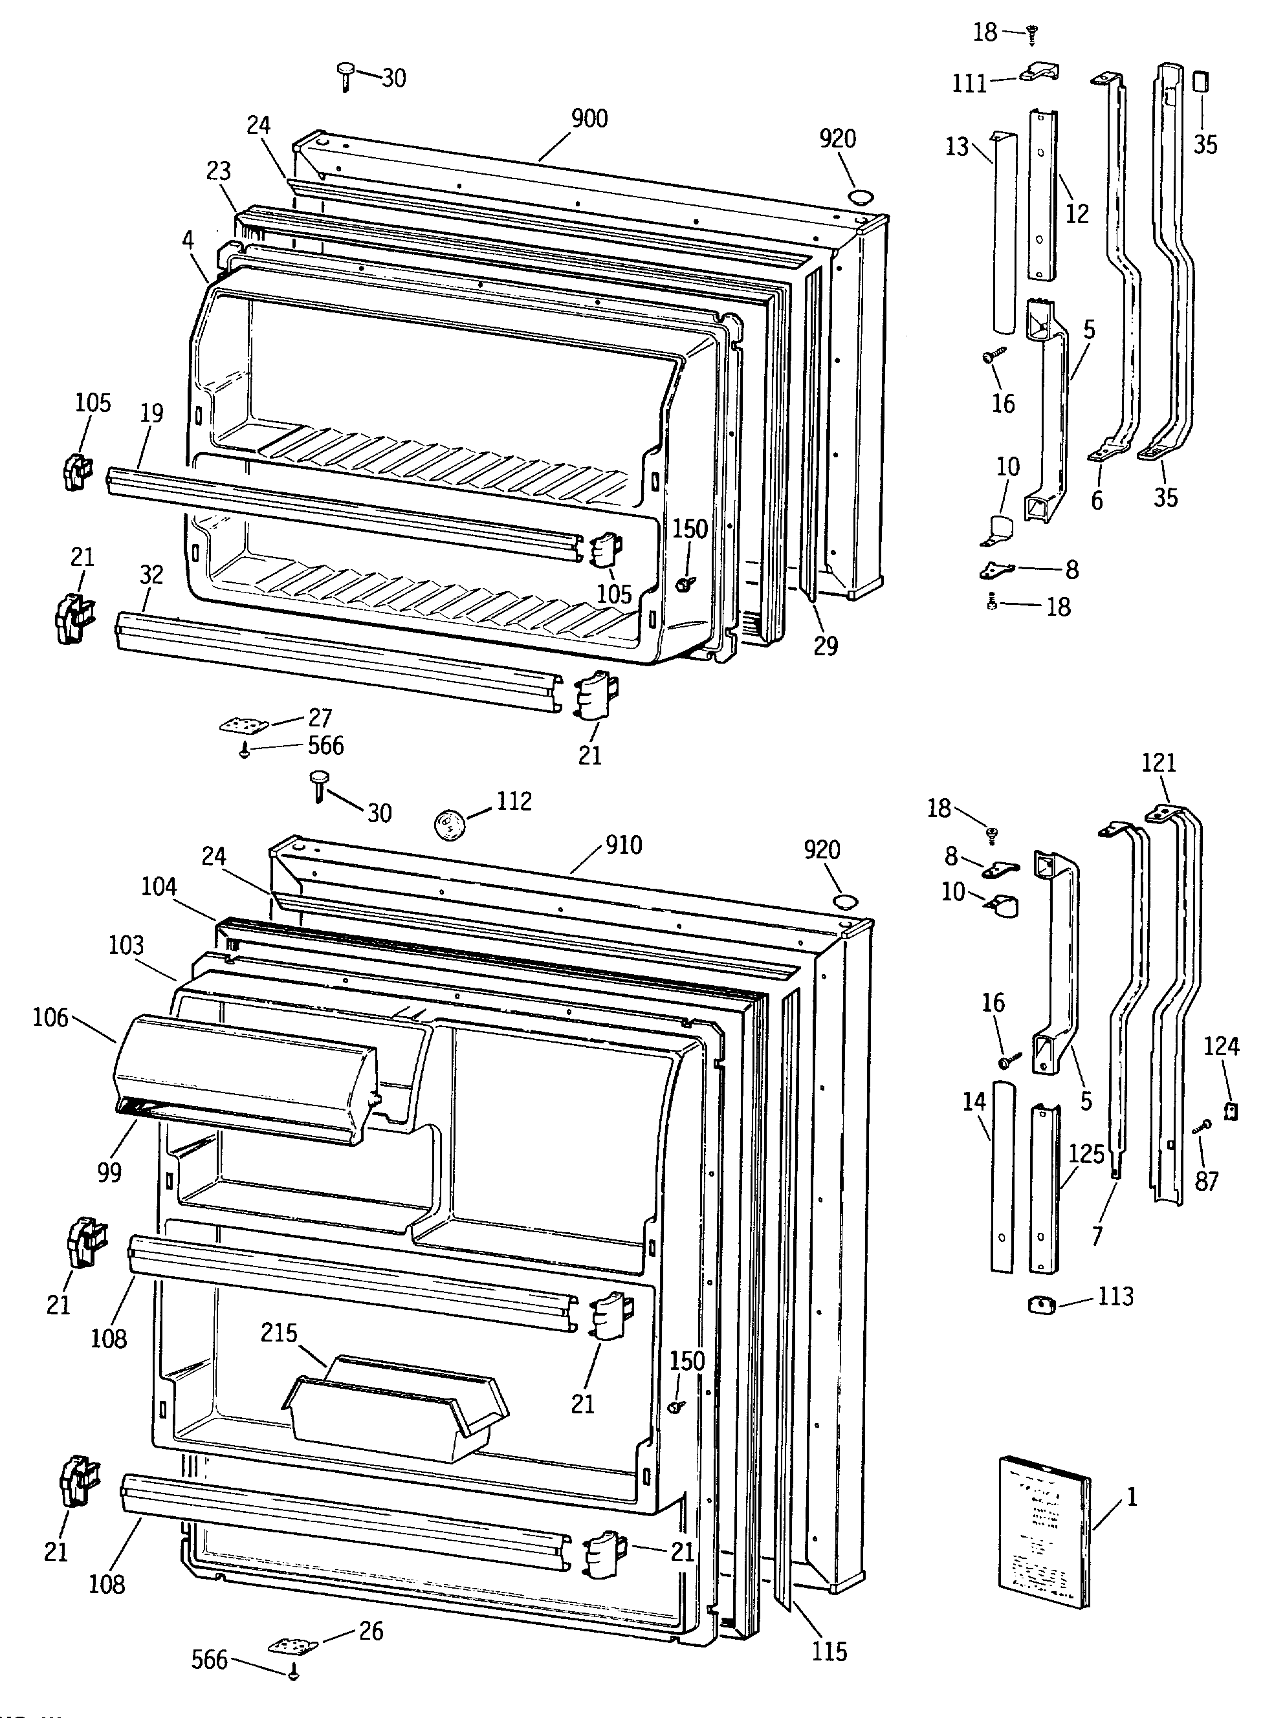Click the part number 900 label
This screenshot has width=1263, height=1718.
pyautogui.click(x=589, y=118)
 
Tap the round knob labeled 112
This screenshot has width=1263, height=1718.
pyautogui.click(x=449, y=825)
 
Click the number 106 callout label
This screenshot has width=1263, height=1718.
pyautogui.click(x=50, y=1018)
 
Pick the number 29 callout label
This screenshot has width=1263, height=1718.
pyautogui.click(x=825, y=647)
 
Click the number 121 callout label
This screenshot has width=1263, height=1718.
pyautogui.click(x=1158, y=763)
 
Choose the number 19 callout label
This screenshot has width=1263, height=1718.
pyautogui.click(x=151, y=413)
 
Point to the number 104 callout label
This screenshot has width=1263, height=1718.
pyautogui.click(x=159, y=887)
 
